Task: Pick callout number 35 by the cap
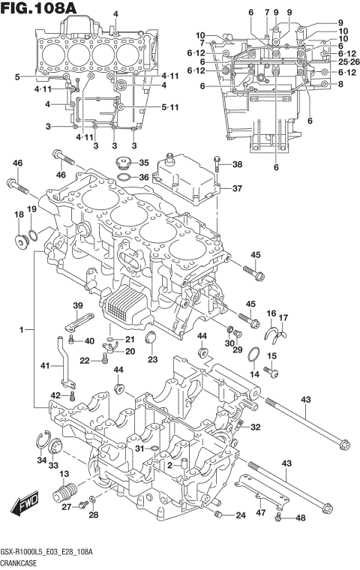point(143,162)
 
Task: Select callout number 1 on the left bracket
point(22,329)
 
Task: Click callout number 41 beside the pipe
point(45,365)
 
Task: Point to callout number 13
point(64,473)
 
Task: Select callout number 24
point(240,515)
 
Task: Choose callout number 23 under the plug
point(153,359)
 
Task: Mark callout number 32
point(256,427)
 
